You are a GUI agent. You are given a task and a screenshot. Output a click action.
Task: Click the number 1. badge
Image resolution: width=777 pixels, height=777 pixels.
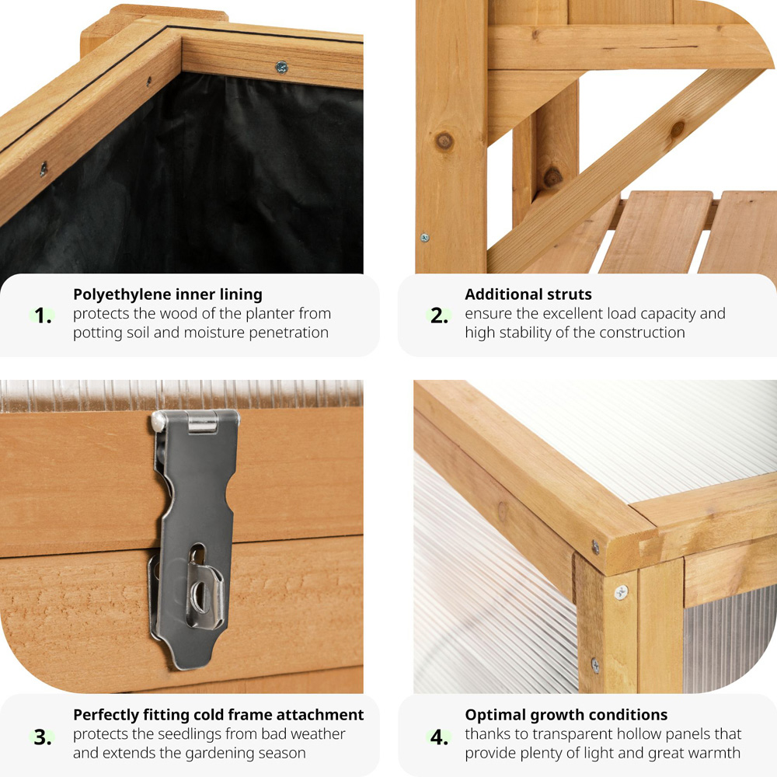43,315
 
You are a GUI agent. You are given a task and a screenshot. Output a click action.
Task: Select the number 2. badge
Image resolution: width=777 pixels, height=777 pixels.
439,315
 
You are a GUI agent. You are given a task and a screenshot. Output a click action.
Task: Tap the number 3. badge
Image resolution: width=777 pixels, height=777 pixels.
43,736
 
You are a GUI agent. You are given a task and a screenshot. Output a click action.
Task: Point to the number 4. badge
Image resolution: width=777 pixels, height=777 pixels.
439,736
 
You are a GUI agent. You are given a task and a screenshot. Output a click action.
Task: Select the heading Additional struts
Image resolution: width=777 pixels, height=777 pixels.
528,294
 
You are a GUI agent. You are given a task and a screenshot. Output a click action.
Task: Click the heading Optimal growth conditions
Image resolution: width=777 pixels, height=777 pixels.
566,715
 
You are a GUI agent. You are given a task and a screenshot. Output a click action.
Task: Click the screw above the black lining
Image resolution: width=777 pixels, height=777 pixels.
281,68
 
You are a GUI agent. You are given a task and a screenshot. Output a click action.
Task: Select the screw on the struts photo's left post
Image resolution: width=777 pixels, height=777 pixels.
425,237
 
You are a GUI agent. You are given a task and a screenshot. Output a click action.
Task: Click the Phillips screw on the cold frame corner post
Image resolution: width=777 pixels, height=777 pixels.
621,593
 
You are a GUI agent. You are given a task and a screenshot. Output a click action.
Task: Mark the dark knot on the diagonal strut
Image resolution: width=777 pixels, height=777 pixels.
677,129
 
